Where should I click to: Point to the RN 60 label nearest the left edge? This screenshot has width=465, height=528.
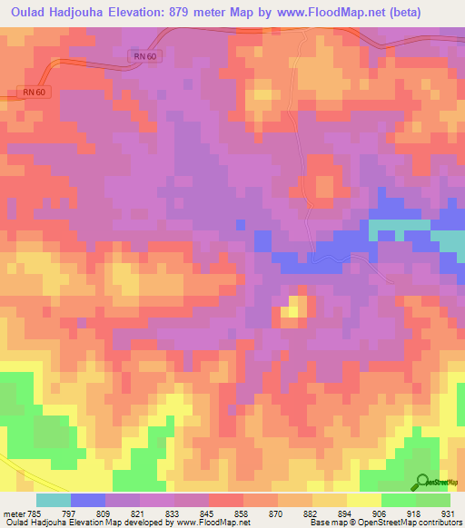click(31, 93)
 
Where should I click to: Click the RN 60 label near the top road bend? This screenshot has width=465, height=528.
click(140, 56)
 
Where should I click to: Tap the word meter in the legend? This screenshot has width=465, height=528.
click(15, 513)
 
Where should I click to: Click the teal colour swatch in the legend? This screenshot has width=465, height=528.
click(53, 500)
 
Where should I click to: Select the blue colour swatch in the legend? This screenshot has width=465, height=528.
click(88, 500)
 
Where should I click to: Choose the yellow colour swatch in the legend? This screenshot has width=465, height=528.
click(363, 500)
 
